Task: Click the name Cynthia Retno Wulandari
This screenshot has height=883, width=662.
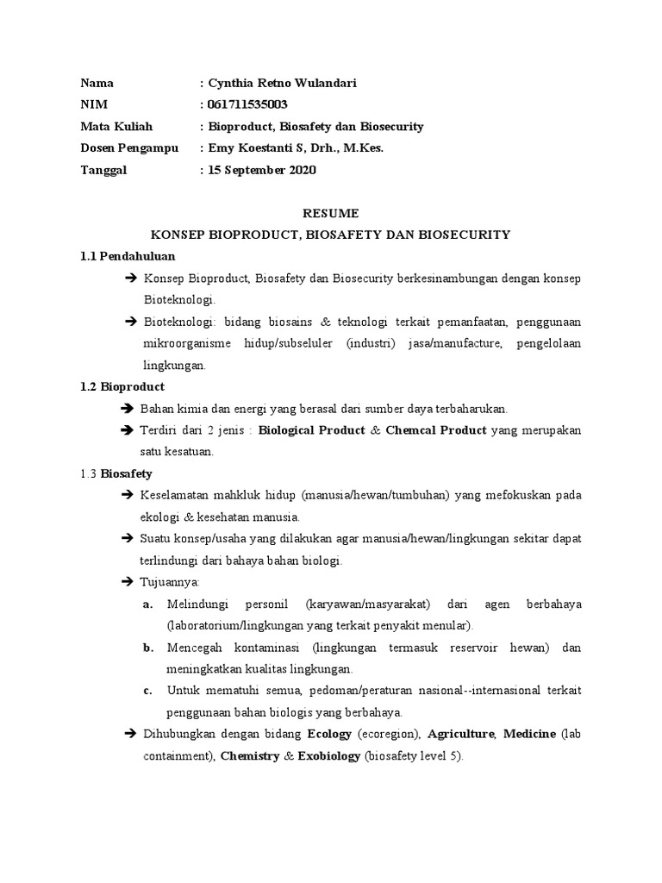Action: coord(281,84)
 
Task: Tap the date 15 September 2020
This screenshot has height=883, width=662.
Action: coord(261,170)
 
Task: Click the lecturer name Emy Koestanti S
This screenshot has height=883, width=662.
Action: coord(259,148)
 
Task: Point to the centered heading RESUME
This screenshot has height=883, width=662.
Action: coord(331,213)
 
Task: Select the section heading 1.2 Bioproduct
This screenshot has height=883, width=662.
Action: coord(122,386)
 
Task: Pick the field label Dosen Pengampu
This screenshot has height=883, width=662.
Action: coord(129,148)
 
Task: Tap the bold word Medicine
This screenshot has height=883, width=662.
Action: coord(529,735)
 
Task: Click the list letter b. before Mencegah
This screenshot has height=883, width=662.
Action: coord(148,648)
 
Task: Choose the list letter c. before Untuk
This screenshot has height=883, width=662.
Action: coord(148,691)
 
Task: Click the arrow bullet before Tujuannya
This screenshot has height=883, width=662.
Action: coord(129,582)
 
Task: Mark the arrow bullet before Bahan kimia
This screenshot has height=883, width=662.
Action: coord(129,409)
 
